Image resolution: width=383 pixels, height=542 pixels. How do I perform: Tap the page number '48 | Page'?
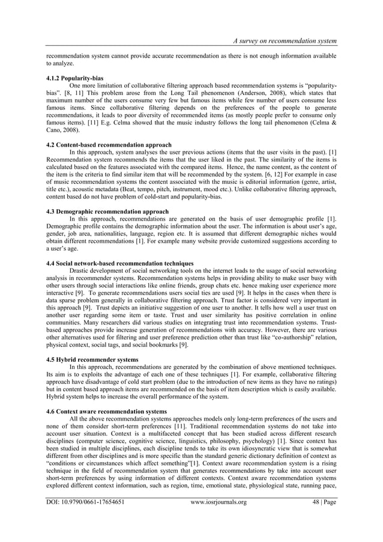[318, 519]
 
